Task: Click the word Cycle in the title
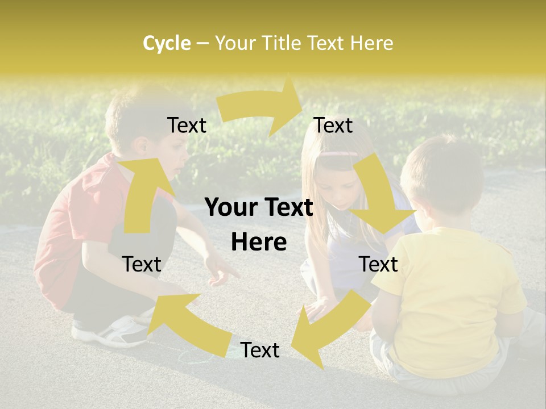[x=167, y=43]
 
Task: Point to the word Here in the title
[x=371, y=43]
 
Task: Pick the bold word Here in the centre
[x=259, y=243]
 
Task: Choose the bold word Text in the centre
[x=287, y=208]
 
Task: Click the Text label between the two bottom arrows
[x=260, y=350]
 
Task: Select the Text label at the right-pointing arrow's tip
[x=333, y=125]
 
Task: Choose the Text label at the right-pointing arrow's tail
[x=187, y=125]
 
